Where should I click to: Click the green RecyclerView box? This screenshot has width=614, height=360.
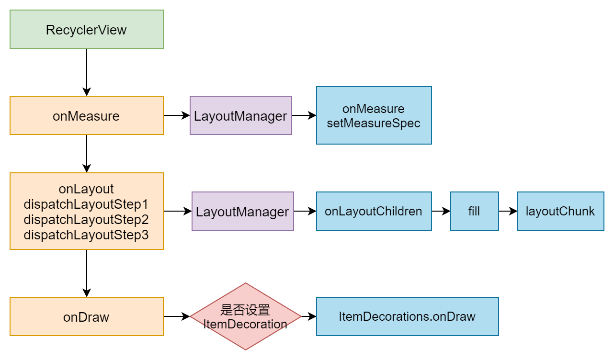[87, 29]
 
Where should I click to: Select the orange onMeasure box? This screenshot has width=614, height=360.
[87, 115]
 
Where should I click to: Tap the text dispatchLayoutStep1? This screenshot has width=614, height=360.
[86, 204]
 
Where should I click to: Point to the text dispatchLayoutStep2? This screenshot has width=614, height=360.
[86, 219]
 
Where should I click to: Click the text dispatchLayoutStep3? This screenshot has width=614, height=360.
[86, 235]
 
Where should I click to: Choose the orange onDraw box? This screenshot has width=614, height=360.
[87, 316]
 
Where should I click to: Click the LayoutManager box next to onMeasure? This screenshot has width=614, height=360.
[241, 115]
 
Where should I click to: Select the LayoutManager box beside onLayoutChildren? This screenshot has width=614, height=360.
[243, 211]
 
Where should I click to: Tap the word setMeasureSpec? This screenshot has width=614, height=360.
[374, 123]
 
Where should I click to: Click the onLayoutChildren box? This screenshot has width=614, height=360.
[374, 211]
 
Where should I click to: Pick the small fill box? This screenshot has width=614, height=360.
[475, 211]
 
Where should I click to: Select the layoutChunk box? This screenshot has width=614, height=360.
[561, 211]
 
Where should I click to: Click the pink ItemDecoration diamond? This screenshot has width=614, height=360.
[246, 316]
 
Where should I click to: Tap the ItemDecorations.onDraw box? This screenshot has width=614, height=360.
[408, 316]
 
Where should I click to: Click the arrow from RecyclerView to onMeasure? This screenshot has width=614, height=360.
[87, 72]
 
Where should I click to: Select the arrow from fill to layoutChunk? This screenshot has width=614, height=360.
[508, 211]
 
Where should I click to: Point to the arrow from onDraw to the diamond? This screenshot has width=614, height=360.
[177, 316]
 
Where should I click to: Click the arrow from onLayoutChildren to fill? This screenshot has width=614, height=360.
[441, 211]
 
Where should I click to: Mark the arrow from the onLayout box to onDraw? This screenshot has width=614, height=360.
[87, 273]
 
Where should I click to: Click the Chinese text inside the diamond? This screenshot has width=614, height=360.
[245, 310]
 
